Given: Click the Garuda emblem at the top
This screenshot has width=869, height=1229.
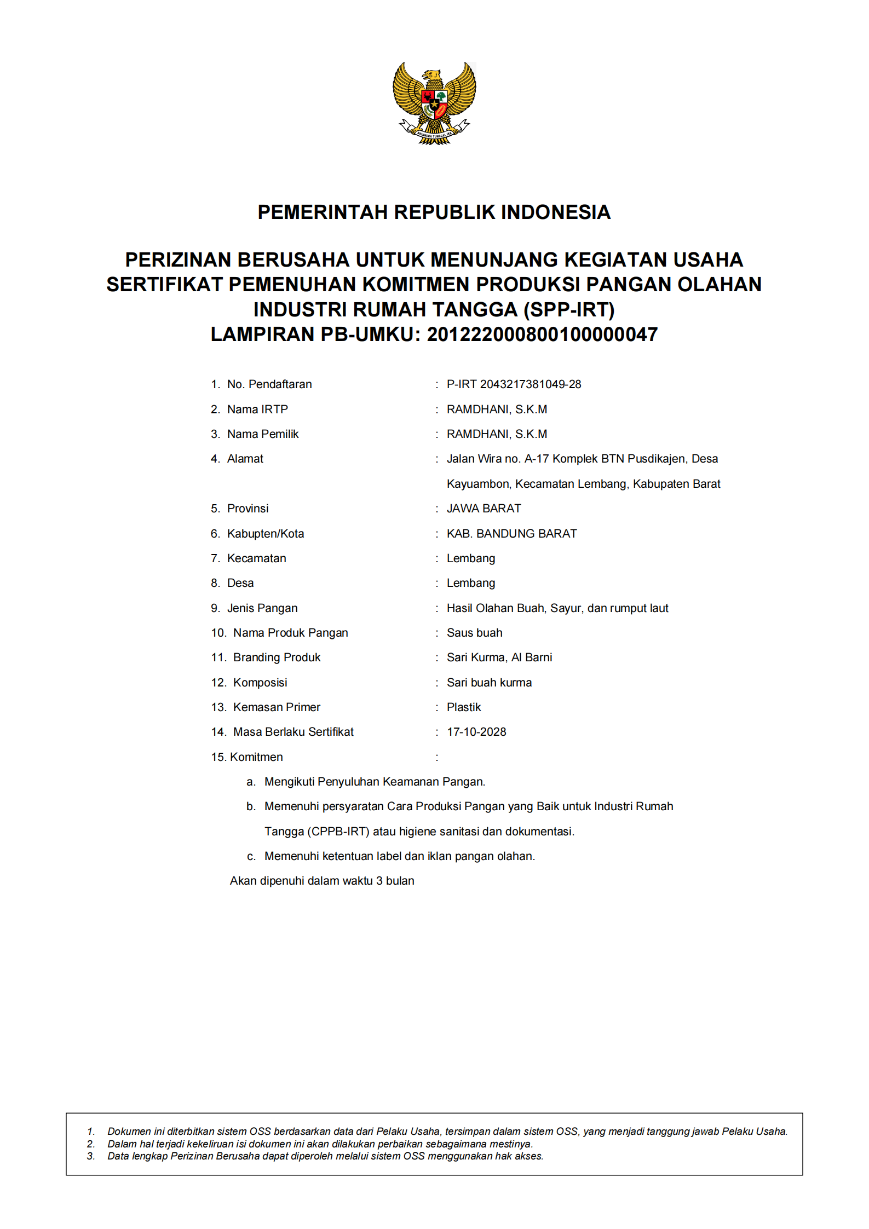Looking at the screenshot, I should pos(434,103).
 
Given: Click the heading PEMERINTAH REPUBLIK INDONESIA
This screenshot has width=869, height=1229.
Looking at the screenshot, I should pos(434,212).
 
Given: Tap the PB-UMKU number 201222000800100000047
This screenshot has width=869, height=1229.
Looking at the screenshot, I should pos(542,334).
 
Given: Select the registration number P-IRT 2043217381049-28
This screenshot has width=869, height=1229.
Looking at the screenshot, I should pos(514,384).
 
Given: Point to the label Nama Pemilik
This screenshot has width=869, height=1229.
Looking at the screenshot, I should pos(263,434).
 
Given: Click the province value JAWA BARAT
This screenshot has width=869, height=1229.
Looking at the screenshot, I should pos(484,509).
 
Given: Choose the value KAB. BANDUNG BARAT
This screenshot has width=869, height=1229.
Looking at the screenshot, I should pos(511,534).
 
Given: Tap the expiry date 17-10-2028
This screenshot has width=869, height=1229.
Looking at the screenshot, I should pos(476,732).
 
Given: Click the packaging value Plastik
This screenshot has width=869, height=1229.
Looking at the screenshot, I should pos(464,707).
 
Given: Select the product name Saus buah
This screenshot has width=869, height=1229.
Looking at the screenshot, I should pos(474,633).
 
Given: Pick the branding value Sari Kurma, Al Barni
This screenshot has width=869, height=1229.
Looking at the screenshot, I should pos(499,657).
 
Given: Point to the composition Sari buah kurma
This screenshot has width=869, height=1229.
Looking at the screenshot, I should pos(489,683).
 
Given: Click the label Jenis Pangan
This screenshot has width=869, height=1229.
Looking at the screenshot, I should pos(262,608).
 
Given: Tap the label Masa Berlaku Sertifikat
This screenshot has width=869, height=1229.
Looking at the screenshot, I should pos(293,732).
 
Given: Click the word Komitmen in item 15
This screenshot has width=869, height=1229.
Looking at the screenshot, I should pos(256,757).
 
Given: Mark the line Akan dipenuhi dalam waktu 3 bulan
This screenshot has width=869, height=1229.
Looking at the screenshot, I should pos(322,881).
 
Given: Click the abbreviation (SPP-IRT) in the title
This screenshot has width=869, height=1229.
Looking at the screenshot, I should pos(569,310).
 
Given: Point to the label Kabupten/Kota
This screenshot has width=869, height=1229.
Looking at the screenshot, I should pos(266,534).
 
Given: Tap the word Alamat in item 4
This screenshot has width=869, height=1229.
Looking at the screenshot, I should pos(245,459).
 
